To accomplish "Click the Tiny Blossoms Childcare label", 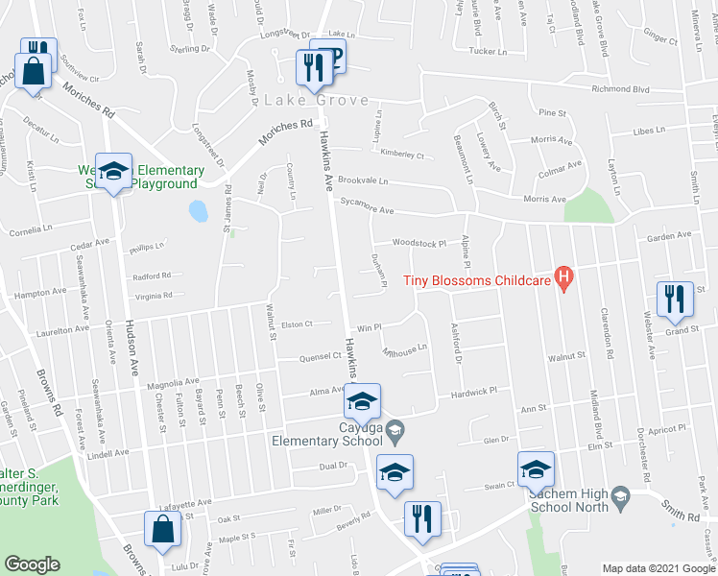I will (475, 280).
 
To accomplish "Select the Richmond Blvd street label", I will (677, 91).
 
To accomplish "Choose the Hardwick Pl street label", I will (473, 392).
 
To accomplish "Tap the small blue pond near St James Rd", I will (199, 210).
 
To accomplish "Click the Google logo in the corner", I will (32, 564).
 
